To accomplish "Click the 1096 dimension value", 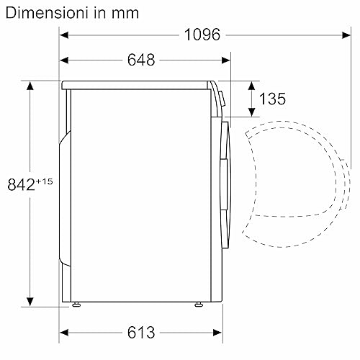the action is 202,35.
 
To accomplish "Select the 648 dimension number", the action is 141,60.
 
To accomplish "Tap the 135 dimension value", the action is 272,99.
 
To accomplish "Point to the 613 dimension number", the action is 141,333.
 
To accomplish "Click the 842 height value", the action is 21,184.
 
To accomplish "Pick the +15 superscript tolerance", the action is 44,181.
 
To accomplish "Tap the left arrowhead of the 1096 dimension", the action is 64,35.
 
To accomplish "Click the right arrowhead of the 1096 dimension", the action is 346,35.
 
